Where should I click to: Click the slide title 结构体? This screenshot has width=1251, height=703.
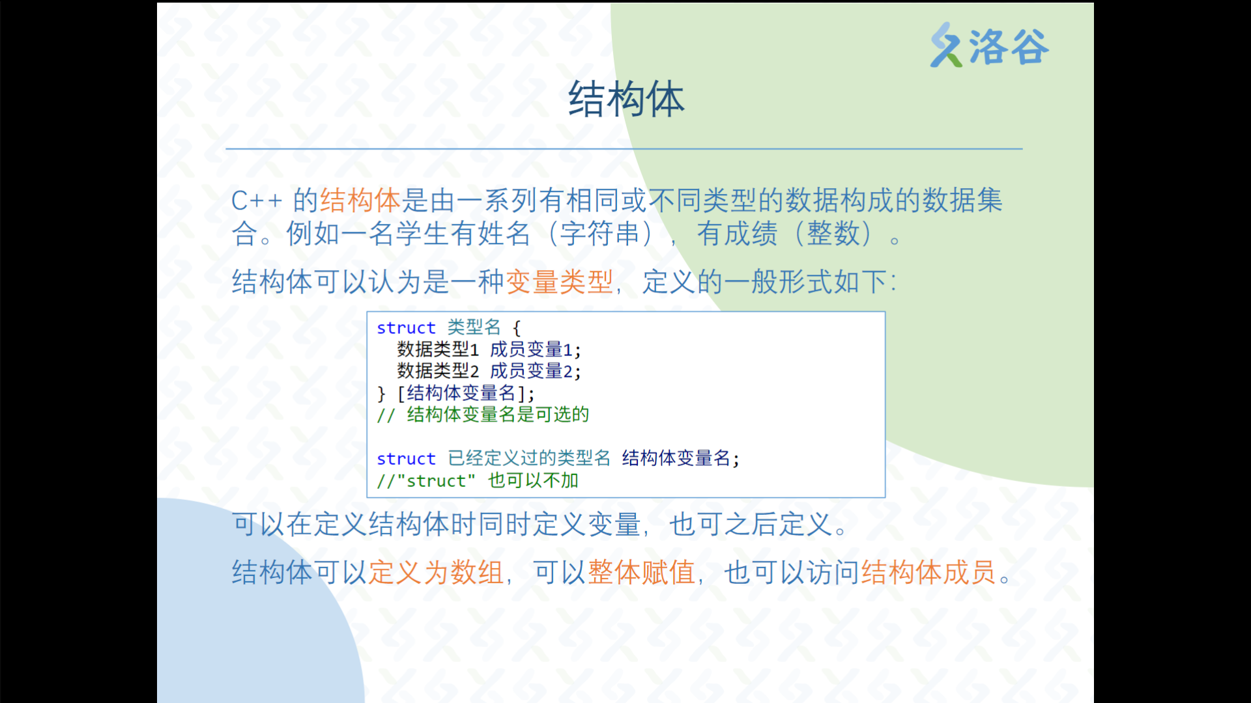click(626, 100)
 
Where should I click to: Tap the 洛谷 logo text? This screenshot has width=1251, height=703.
click(1009, 46)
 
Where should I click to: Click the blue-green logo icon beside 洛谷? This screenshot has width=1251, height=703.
click(946, 45)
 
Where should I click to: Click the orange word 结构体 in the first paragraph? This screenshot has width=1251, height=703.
click(360, 200)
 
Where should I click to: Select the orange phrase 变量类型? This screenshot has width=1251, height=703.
click(560, 282)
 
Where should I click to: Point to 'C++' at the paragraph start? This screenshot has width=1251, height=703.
click(257, 201)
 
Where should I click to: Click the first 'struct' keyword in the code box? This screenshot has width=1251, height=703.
click(406, 328)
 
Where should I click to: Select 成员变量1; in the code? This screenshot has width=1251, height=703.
click(536, 350)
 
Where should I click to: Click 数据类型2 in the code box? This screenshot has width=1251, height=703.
click(438, 371)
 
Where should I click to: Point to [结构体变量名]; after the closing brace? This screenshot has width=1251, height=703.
click(466, 393)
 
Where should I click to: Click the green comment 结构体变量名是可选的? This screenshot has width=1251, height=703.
click(498, 415)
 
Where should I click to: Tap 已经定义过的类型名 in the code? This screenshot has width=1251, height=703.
click(529, 458)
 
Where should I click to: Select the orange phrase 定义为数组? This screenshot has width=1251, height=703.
click(436, 573)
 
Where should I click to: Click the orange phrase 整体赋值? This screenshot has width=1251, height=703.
click(642, 573)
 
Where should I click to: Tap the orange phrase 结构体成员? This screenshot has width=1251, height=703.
click(929, 573)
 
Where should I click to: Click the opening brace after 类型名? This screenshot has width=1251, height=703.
click(517, 327)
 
